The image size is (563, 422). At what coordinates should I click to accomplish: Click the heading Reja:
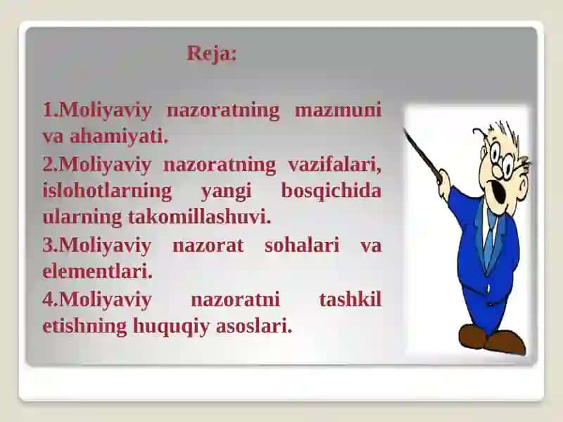coord(212,55)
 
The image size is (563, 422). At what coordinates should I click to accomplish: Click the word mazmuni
coord(338,110)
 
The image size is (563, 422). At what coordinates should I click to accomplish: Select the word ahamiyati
coord(119,136)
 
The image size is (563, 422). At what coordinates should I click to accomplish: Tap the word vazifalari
coord(334,165)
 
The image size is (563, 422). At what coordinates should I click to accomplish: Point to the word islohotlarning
coord(107,191)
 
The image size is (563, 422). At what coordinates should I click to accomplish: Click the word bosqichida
coord(331,190)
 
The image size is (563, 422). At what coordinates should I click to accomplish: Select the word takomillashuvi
coord(199,217)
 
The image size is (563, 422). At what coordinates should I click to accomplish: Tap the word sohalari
coord(302,245)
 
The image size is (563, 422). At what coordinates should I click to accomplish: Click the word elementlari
coord(97,271)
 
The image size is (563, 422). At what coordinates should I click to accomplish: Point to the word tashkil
coord(350,300)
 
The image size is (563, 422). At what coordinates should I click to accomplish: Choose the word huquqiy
coord(171,326)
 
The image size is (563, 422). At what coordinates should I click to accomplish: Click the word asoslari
coord(254,326)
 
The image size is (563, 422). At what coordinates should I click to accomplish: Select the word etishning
coord(84,326)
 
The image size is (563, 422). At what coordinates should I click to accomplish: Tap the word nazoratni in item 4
coord(235,300)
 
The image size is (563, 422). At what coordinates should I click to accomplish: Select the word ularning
coord(82,218)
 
